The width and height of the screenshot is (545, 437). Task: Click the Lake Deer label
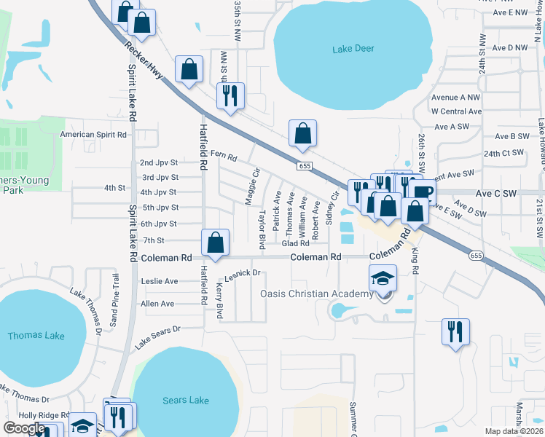tap(353, 49)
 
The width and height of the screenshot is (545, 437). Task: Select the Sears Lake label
tap(186, 400)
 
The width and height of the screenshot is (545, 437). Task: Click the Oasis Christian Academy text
tap(317, 294)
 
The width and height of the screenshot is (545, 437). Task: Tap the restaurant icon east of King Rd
tap(455, 331)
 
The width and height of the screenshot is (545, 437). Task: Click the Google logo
tap(24, 428)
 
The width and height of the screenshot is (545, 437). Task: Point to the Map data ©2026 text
tap(514, 431)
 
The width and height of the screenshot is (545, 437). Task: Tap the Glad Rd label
tap(296, 244)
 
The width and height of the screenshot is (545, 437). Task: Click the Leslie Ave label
tap(160, 281)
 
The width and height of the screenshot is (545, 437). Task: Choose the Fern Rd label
tap(224, 156)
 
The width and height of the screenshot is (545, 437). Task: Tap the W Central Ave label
tap(456, 111)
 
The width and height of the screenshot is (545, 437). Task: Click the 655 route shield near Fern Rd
tap(304, 167)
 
